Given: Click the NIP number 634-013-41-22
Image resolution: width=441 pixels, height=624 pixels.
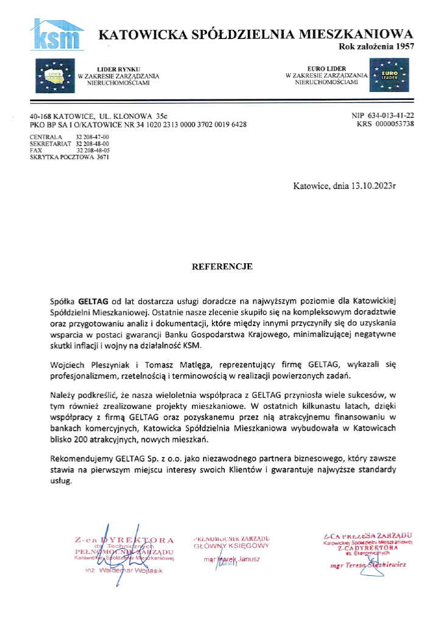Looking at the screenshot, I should click(x=391, y=115).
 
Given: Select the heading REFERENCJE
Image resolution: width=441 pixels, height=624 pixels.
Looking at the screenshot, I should click(x=222, y=267).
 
